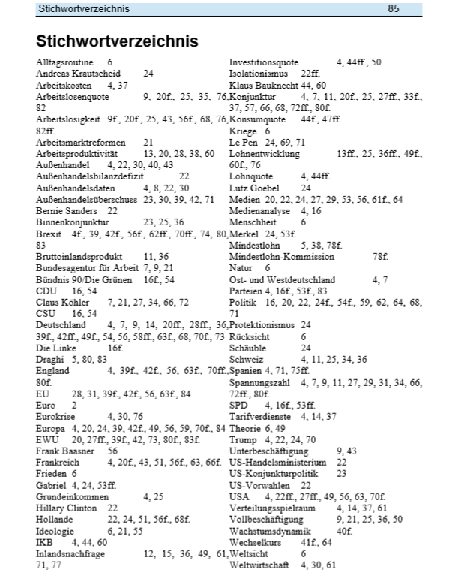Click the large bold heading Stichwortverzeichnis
[x=117, y=40]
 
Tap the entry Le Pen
[x=243, y=142]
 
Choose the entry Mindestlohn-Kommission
[x=281, y=256]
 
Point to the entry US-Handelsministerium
[x=277, y=462]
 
